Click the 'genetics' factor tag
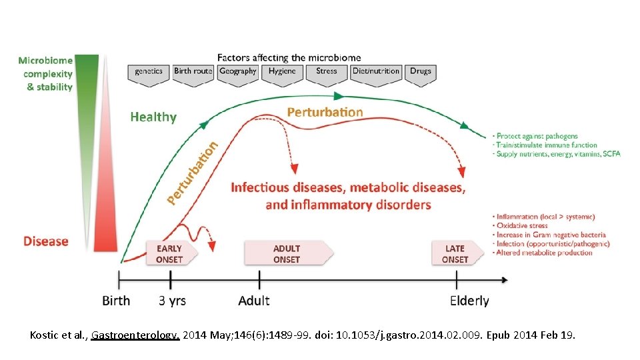point(148,72)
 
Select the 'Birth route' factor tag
point(193,72)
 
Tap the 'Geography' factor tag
point(237,72)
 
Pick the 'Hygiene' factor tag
point(282,72)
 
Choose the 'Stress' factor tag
point(327,72)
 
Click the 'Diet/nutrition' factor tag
point(376,72)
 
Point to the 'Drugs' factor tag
point(420,72)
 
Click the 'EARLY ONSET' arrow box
point(169,254)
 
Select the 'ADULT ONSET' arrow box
point(287,254)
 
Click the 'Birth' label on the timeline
point(116,301)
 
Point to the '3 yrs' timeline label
point(172,301)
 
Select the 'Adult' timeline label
point(254,301)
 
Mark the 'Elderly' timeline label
point(469,301)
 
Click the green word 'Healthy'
point(153,117)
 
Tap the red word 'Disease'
point(46,241)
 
